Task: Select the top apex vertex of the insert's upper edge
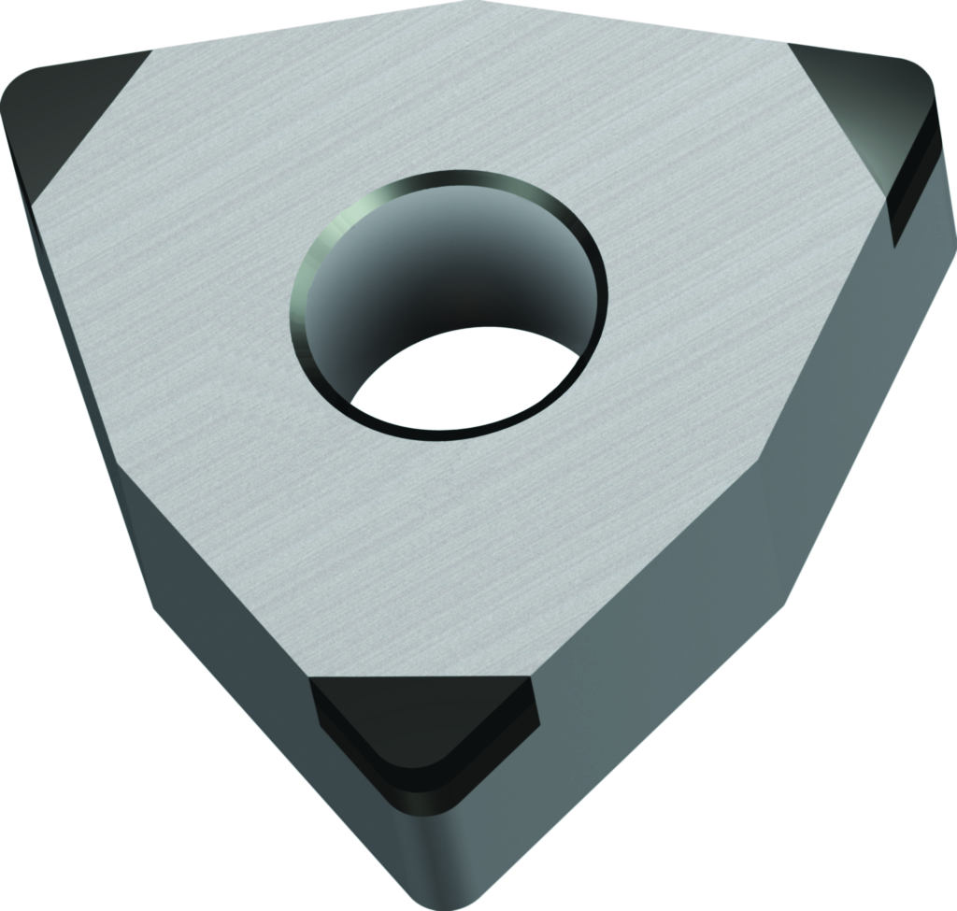click(467, 3)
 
